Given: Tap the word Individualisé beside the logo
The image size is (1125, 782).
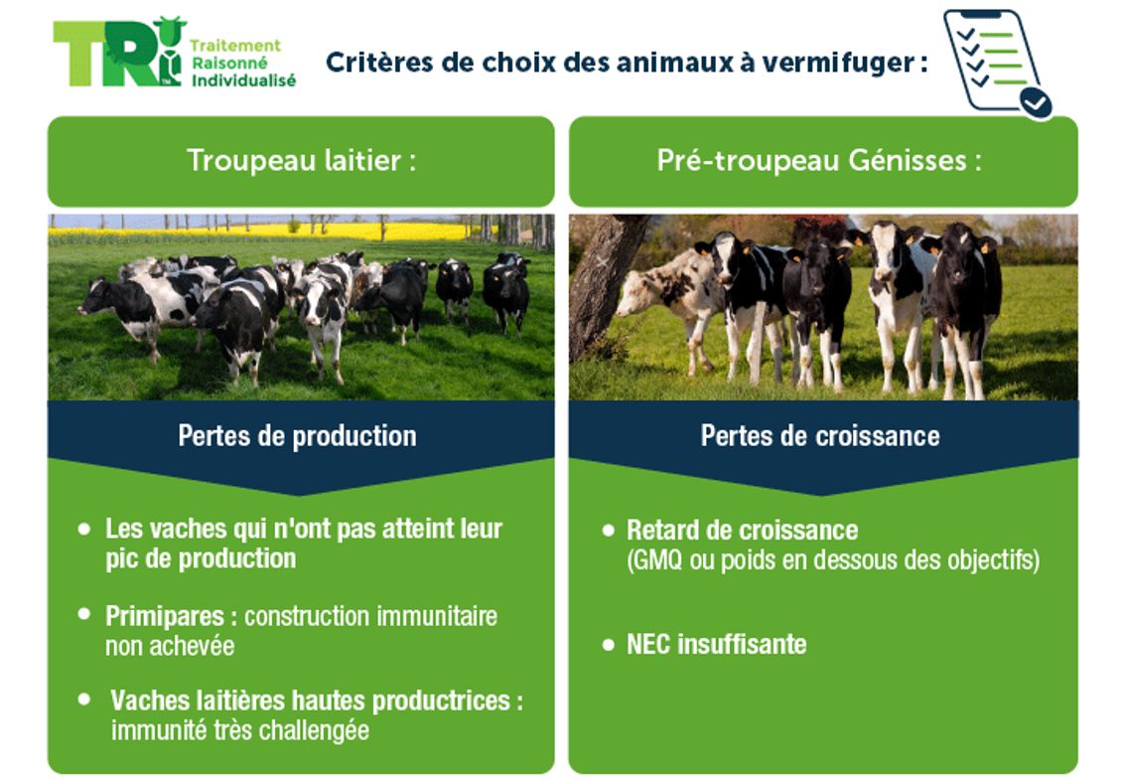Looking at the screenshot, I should [242, 80].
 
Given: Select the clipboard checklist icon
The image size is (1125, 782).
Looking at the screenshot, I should [996, 63].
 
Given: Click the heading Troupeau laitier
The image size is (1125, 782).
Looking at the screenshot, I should [301, 161].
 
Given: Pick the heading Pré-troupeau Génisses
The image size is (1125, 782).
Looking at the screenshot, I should [819, 161].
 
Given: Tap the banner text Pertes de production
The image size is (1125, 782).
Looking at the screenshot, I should [297, 435].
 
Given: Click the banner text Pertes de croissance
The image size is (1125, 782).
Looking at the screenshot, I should [819, 435].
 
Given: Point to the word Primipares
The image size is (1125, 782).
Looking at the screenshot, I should [165, 616].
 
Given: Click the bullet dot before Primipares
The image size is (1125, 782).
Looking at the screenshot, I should [84, 614].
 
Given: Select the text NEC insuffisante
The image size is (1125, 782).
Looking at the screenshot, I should [716, 644].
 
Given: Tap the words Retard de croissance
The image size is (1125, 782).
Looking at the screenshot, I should [742, 530].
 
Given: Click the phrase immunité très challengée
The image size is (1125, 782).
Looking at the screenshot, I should [239, 730].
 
